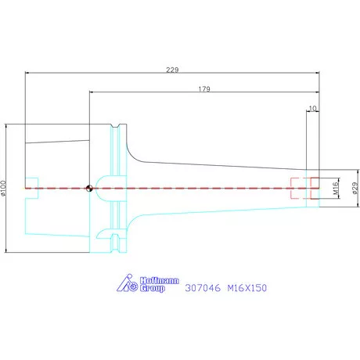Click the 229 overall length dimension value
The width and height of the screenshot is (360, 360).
[172, 70]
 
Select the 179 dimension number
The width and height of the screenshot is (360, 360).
[204, 89]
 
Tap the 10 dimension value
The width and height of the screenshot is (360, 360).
[312, 108]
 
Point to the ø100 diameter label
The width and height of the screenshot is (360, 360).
[3, 188]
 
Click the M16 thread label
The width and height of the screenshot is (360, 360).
[336, 189]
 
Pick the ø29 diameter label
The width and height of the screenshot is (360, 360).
[355, 189]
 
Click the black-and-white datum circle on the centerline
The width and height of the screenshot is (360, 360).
[89, 188]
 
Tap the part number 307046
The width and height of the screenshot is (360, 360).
[203, 288]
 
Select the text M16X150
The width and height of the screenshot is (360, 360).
[247, 288]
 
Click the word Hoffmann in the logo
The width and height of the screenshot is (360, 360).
[160, 281]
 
